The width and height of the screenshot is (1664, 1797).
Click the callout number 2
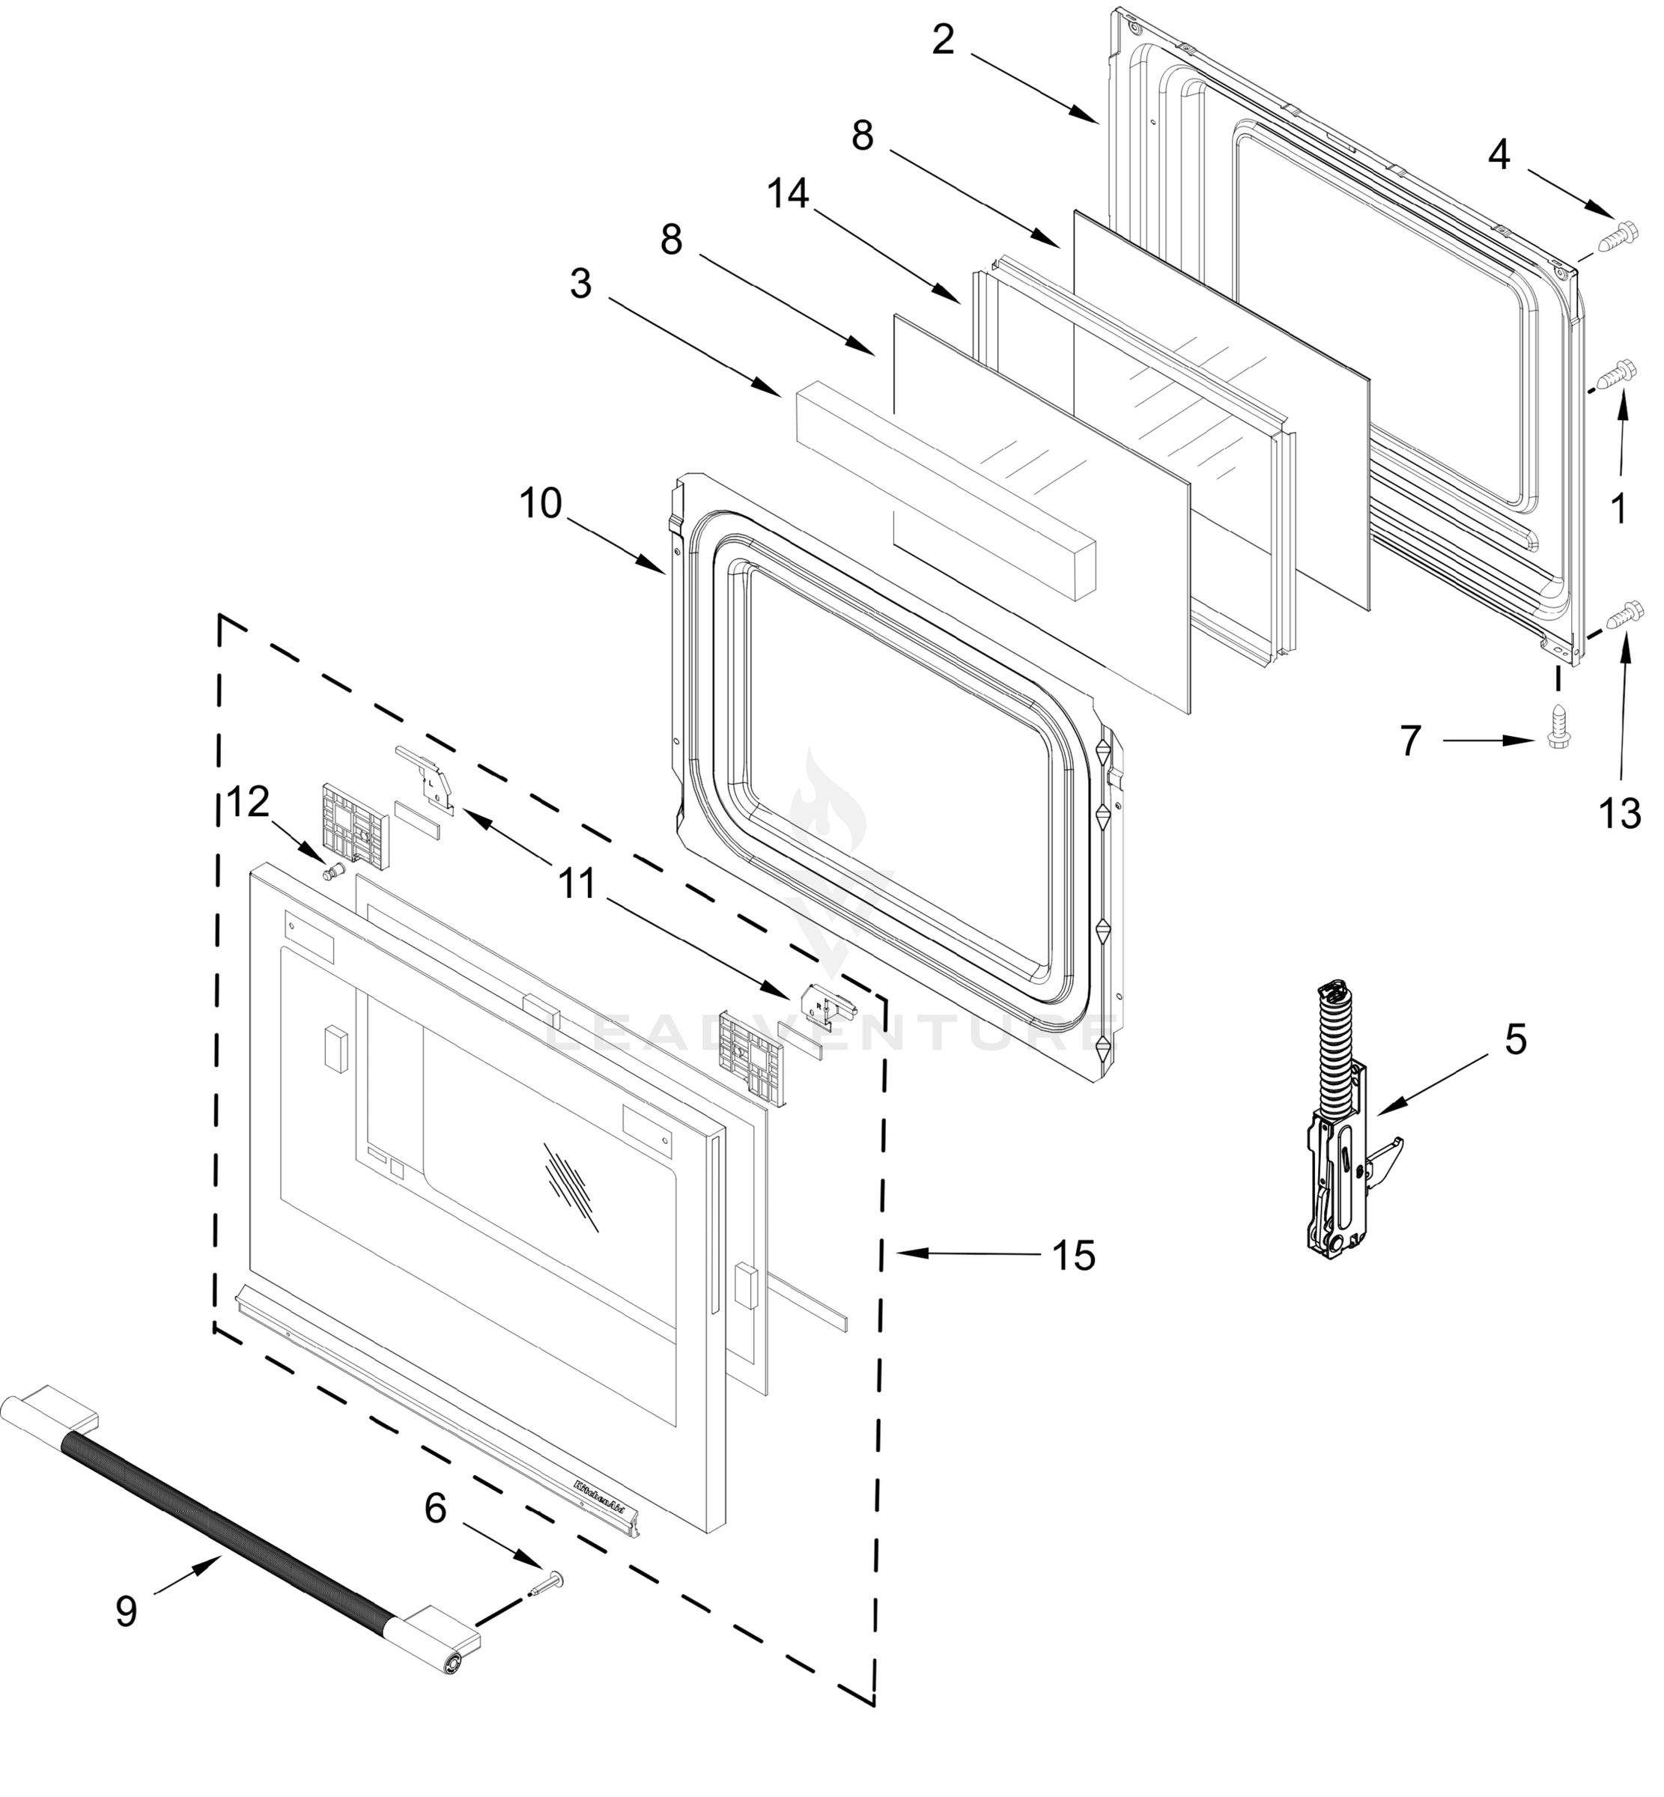(x=942, y=40)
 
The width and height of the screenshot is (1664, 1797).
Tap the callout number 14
(x=788, y=194)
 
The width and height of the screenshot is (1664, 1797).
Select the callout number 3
(x=581, y=285)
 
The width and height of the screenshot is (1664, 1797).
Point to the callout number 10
(x=540, y=504)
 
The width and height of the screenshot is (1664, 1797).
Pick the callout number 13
(x=1619, y=815)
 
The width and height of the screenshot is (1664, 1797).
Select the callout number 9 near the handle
(x=126, y=1611)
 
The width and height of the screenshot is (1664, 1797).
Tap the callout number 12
(x=249, y=801)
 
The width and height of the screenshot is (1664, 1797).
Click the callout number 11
(x=577, y=884)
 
